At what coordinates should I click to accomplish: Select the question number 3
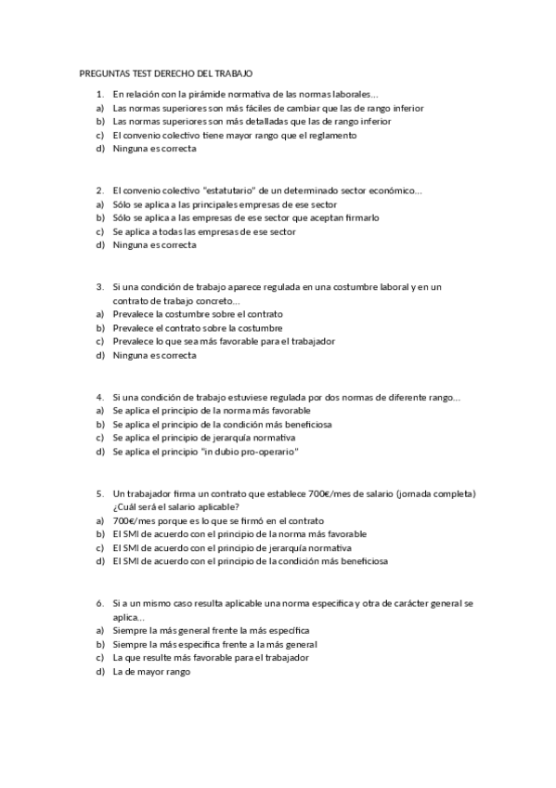[99, 287]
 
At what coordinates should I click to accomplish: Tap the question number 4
[99, 398]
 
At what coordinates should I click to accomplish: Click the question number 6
[99, 604]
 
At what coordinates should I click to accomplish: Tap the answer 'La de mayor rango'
[150, 672]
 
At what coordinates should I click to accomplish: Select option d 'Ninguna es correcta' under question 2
[154, 245]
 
